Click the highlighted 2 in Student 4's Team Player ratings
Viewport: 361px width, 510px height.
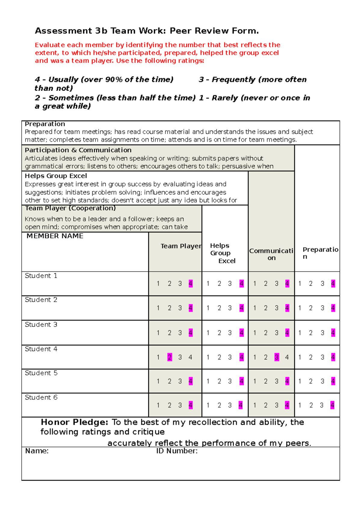coord(170,357)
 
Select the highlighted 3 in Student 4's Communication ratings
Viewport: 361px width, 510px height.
coord(277,357)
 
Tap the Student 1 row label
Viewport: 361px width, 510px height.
coord(41,276)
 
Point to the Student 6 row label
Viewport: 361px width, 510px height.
coord(41,397)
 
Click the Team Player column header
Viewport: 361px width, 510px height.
coord(181,246)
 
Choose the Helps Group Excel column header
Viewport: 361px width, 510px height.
coord(222,253)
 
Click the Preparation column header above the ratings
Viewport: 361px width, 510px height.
coord(320,253)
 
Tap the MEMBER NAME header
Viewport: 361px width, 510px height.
coord(55,236)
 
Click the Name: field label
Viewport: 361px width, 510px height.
coord(37,451)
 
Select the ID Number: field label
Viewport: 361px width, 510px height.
coord(177,451)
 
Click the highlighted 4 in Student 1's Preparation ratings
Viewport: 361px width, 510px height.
coord(333,284)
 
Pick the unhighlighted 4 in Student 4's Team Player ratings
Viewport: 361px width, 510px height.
coord(190,357)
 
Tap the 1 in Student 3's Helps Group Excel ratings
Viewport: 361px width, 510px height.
coord(208,333)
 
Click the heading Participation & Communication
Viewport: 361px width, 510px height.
coord(78,150)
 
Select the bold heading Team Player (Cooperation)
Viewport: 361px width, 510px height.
coord(70,208)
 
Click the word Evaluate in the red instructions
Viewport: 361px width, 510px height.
coord(50,45)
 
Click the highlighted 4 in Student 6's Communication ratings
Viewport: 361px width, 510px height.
coord(287,405)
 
